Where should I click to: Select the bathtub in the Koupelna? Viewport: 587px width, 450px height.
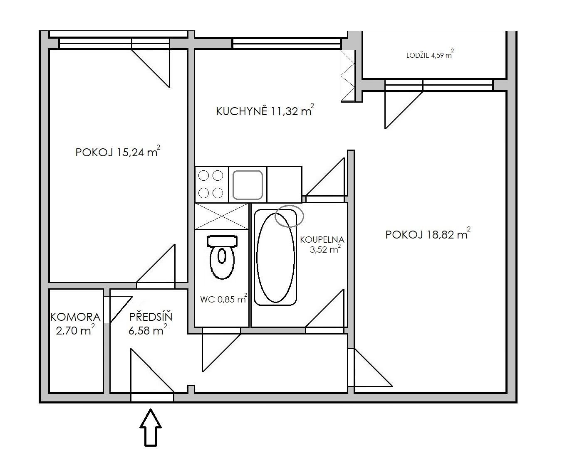[275, 257]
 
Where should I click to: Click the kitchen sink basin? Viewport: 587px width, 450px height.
[248, 185]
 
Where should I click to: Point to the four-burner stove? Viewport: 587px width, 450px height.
[211, 184]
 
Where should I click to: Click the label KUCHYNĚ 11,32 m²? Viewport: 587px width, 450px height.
[265, 110]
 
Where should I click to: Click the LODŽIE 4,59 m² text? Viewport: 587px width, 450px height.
[430, 54]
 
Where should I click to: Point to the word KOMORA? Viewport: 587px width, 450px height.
[75, 317]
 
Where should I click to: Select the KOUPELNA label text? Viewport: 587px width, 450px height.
[322, 240]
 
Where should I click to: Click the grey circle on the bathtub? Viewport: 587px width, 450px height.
[289, 216]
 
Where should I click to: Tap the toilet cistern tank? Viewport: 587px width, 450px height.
[222, 241]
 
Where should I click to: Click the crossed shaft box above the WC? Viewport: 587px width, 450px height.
[222, 216]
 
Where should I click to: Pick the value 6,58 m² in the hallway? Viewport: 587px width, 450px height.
[148, 330]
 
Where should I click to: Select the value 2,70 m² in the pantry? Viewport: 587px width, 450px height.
[75, 330]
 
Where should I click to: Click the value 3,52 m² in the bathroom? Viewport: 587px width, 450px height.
[325, 249]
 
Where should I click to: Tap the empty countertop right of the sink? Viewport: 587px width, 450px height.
[284, 184]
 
